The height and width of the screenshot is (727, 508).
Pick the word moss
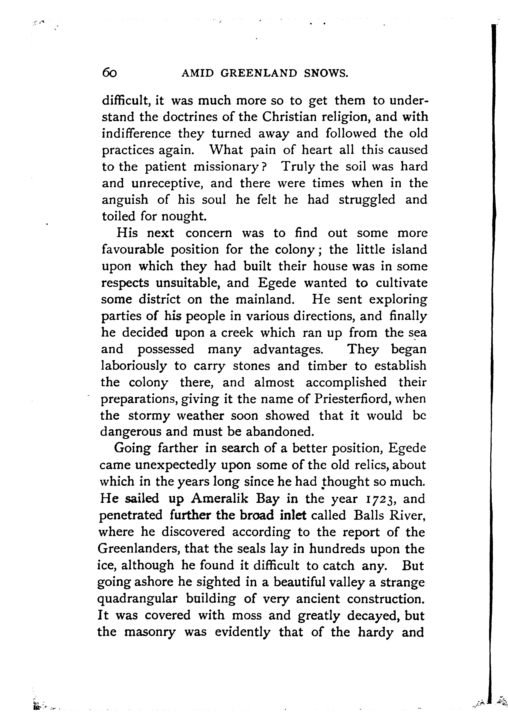click(246, 615)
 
